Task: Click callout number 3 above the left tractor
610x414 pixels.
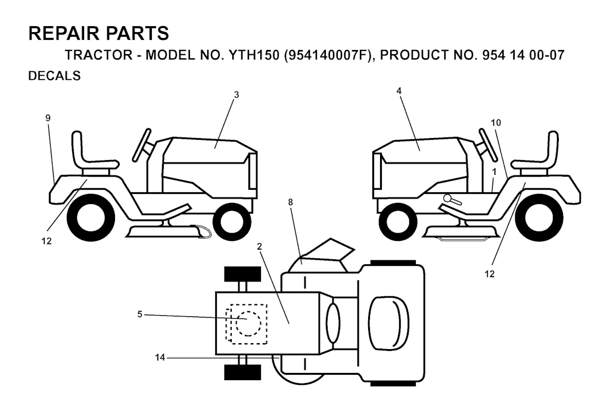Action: pyautogui.click(x=236, y=95)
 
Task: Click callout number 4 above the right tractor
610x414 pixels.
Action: pyautogui.click(x=399, y=91)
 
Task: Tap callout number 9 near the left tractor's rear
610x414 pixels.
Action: pyautogui.click(x=48, y=118)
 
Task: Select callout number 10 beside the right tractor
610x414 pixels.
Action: pyautogui.click(x=496, y=123)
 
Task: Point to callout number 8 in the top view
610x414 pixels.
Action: pyautogui.click(x=291, y=202)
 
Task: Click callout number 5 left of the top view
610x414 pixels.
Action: pyautogui.click(x=139, y=314)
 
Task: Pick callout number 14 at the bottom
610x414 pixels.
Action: pyautogui.click(x=160, y=357)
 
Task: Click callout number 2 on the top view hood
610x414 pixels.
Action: pyautogui.click(x=260, y=247)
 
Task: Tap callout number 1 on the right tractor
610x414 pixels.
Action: pyautogui.click(x=494, y=171)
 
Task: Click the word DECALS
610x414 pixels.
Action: pyautogui.click(x=54, y=76)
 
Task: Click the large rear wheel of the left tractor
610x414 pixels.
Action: pyautogui.click(x=91, y=217)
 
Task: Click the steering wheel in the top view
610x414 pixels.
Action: pyautogui.click(x=334, y=323)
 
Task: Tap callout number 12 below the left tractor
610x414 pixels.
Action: pyautogui.click(x=46, y=241)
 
